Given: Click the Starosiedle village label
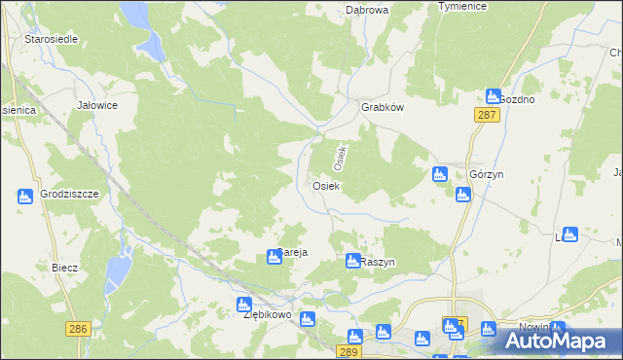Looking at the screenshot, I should coord(53,39).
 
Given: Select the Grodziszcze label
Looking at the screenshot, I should coord(71,194).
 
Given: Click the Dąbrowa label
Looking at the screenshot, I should coord(367,10).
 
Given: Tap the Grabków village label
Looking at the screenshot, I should coord(383,108).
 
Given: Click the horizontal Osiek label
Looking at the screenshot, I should coord(325,185).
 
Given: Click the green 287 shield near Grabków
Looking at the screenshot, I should coord(488,115).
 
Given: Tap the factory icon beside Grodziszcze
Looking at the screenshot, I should coord(25,197).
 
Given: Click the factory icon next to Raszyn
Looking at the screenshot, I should coord(353,261).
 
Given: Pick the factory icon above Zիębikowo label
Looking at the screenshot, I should coord(244,304).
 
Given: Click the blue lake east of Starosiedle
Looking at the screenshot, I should coord(151,44).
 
